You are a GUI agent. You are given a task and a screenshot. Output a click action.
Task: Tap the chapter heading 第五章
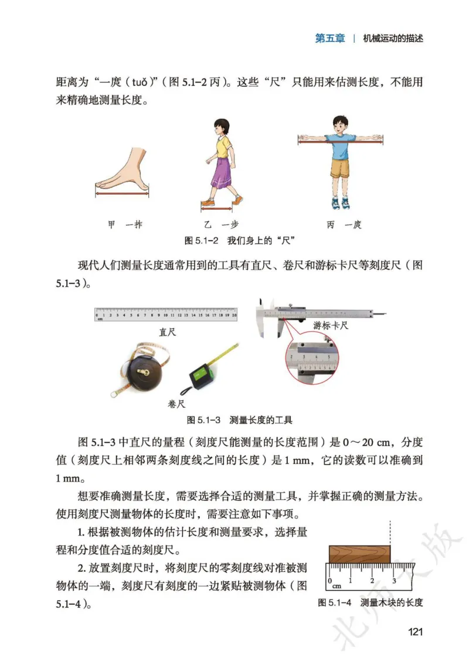(x=330, y=39)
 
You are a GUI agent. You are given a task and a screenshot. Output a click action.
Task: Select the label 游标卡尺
(x=331, y=326)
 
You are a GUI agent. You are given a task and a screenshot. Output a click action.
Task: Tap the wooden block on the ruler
(x=359, y=553)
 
